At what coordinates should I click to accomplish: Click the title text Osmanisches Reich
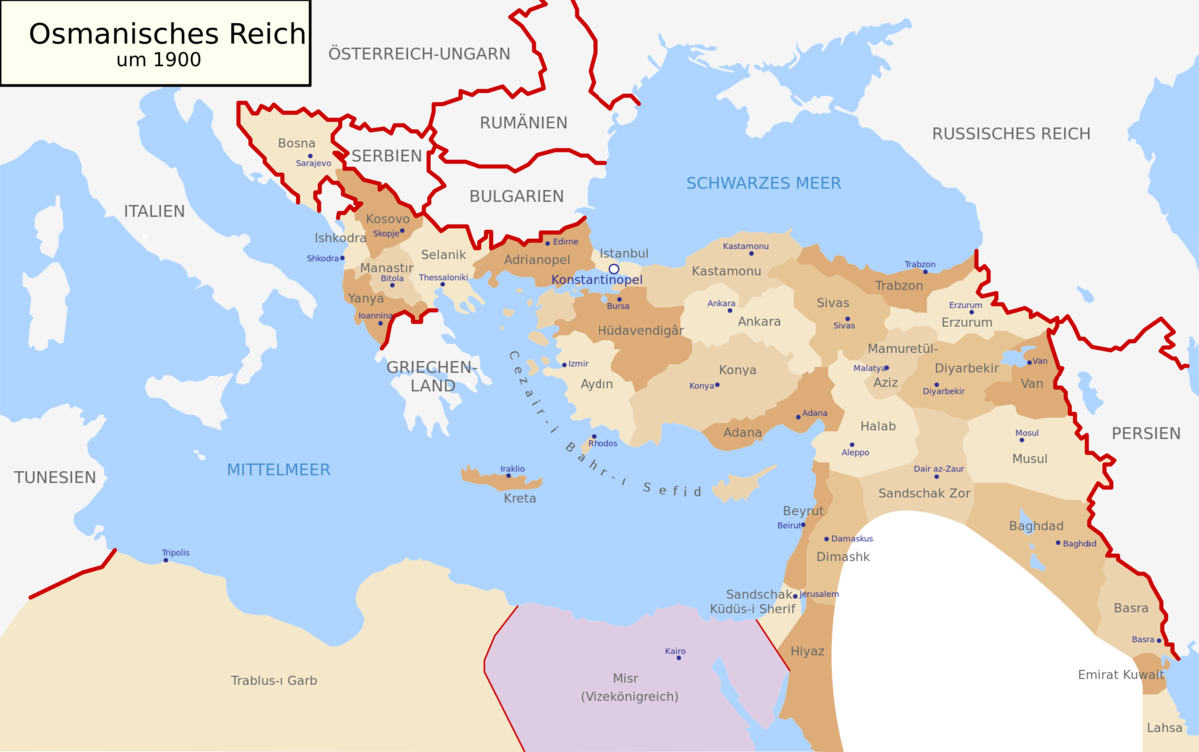167,33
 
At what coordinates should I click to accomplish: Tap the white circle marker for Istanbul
614,269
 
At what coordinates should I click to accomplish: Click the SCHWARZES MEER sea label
763,183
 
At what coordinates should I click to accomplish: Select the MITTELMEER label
278,469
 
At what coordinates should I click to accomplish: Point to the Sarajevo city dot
311,156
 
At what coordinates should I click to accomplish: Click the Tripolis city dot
166,560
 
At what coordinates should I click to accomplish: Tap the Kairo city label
676,651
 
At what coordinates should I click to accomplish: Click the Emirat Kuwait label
1121,674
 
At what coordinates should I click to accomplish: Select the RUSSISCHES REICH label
1011,134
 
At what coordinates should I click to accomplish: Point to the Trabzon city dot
925,271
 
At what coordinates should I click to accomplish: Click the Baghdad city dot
1058,543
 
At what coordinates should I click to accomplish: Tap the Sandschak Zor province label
924,493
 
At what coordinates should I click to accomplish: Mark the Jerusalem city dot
795,596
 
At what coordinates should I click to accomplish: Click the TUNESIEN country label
55,477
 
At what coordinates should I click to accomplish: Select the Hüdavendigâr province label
640,330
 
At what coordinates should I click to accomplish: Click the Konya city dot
717,385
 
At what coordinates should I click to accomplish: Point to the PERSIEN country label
1145,433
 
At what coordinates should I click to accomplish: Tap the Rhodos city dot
594,436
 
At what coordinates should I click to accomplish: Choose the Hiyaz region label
807,651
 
